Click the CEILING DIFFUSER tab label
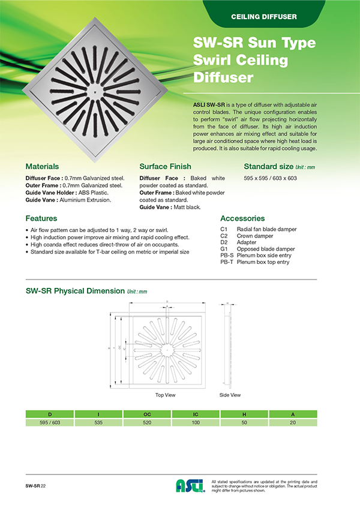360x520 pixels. (264, 16)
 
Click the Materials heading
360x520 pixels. (42, 166)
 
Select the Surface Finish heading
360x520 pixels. (165, 166)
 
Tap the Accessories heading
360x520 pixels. (242, 218)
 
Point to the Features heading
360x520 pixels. (41, 218)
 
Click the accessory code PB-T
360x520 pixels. (226, 262)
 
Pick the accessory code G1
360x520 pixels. (224, 249)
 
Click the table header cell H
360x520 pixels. (244, 414)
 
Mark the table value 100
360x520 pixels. (194, 423)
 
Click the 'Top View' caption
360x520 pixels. (165, 395)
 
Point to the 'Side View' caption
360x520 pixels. (230, 395)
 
